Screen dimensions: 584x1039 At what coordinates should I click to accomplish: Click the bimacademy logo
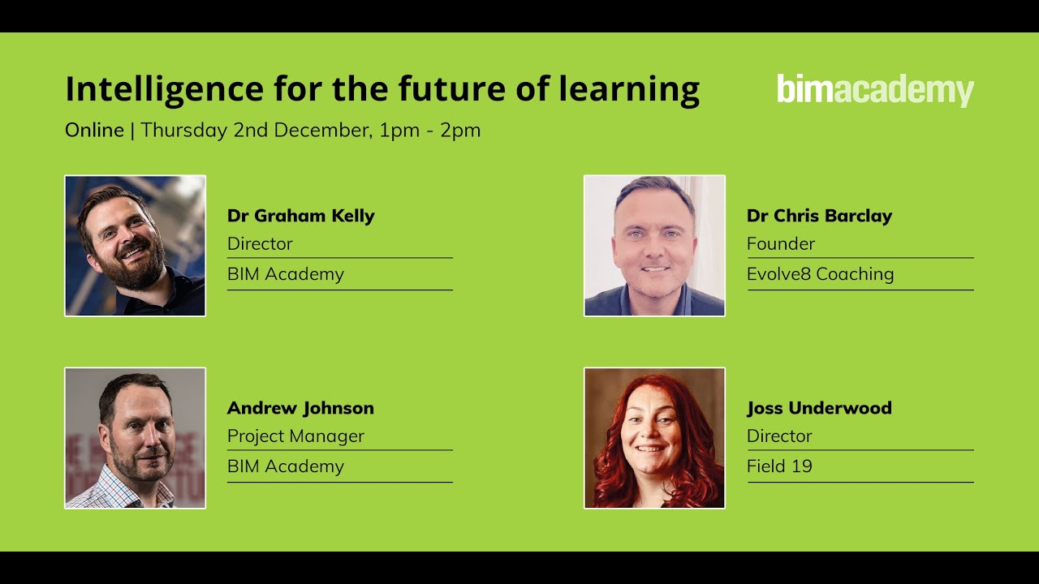(x=875, y=90)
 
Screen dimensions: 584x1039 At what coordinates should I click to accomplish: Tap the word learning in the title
(x=629, y=89)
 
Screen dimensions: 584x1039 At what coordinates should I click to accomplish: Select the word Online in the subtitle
(x=94, y=131)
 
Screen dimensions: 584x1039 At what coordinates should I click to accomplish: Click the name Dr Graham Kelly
(x=300, y=216)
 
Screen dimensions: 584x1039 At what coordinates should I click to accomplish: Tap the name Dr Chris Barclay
(x=819, y=216)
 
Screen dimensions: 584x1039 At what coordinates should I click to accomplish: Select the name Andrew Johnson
(x=300, y=408)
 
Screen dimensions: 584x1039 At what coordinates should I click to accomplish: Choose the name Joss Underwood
(x=819, y=408)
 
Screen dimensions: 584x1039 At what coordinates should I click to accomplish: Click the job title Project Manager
(x=295, y=436)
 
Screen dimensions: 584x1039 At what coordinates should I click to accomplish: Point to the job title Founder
(x=781, y=244)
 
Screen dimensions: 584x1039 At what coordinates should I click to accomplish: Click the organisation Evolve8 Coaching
(x=820, y=274)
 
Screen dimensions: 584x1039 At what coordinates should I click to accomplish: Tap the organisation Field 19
(x=779, y=466)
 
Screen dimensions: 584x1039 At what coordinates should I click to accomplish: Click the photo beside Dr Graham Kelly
(x=135, y=246)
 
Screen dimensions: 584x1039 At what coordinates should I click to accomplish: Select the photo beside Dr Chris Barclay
(x=654, y=246)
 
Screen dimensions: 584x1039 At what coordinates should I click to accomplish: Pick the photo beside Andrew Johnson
(x=135, y=438)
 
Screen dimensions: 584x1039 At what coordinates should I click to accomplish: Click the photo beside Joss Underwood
(x=654, y=438)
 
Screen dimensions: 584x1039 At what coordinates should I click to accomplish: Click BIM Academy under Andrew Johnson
(x=286, y=466)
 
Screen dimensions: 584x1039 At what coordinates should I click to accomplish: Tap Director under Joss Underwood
(x=779, y=436)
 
